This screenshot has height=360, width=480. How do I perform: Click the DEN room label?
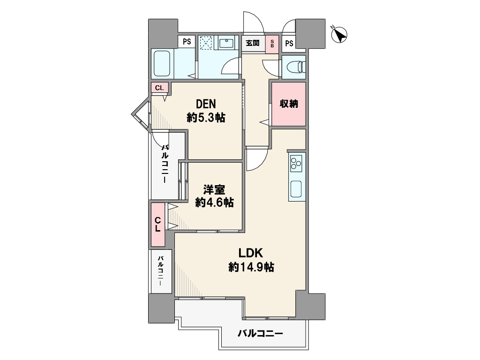[206, 104]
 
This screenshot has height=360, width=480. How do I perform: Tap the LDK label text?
[251, 253]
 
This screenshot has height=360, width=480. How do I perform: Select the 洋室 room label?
[214, 190]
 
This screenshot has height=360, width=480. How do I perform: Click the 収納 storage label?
[289, 104]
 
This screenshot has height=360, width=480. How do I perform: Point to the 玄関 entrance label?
[253, 43]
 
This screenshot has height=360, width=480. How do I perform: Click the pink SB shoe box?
[272, 44]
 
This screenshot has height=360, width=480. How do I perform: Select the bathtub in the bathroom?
[162, 63]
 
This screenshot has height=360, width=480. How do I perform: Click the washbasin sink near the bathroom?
[226, 43]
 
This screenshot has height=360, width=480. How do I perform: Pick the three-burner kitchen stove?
[296, 162]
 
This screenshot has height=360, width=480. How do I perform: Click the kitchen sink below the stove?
[296, 188]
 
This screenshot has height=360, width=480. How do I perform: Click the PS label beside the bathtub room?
[187, 41]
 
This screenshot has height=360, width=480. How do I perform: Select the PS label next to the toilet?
[289, 43]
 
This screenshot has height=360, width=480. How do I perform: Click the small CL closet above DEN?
[159, 88]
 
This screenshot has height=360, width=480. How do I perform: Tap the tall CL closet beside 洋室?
[157, 225]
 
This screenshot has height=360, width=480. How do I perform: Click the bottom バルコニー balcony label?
[260, 333]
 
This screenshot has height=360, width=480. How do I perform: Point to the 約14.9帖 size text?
[251, 267]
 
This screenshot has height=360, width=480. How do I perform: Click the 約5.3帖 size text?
[206, 117]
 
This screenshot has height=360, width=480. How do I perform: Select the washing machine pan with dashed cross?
[206, 43]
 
